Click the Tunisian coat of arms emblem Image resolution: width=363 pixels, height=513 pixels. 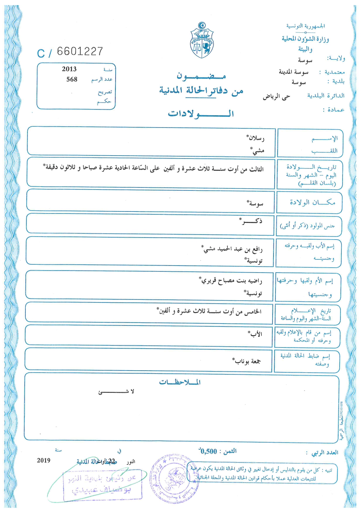coord(202,40)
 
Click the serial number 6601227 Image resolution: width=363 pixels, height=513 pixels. coord(80,51)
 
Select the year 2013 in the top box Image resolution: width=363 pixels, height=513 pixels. coord(69,69)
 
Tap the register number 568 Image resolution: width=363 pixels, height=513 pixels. coord(72,79)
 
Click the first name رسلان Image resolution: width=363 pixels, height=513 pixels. coord(256,138)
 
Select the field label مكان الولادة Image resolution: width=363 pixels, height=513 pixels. coord(312,202)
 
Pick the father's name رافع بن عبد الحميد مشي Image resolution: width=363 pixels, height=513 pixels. coord(232,249)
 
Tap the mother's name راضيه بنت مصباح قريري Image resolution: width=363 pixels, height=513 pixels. coord(231,281)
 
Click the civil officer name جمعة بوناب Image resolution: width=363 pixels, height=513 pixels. coord(247,361)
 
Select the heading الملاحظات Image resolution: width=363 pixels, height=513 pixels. coord(180,382)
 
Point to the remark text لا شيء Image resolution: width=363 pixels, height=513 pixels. coord(116,392)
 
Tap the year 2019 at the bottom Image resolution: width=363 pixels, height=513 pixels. coord(44,460)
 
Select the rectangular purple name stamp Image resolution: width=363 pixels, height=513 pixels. coord(102,485)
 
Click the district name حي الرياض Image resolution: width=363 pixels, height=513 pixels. coord(276,97)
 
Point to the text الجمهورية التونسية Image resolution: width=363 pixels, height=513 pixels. coord(306,26)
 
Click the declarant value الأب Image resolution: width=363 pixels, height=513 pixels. coord(255,334)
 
